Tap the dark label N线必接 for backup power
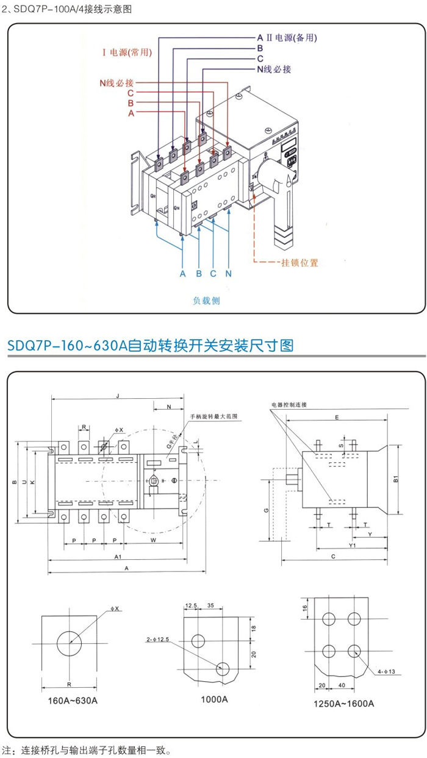point(274,69)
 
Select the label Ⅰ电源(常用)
point(126,52)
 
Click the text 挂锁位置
point(300,263)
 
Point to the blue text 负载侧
point(206,301)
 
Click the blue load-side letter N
point(228,274)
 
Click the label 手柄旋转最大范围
point(213,417)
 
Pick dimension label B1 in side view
point(396,480)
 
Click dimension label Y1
point(352,545)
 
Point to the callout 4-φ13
point(387,671)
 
